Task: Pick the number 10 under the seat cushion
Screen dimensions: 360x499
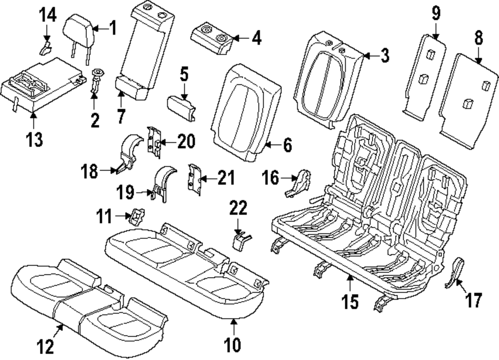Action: (233, 344)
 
